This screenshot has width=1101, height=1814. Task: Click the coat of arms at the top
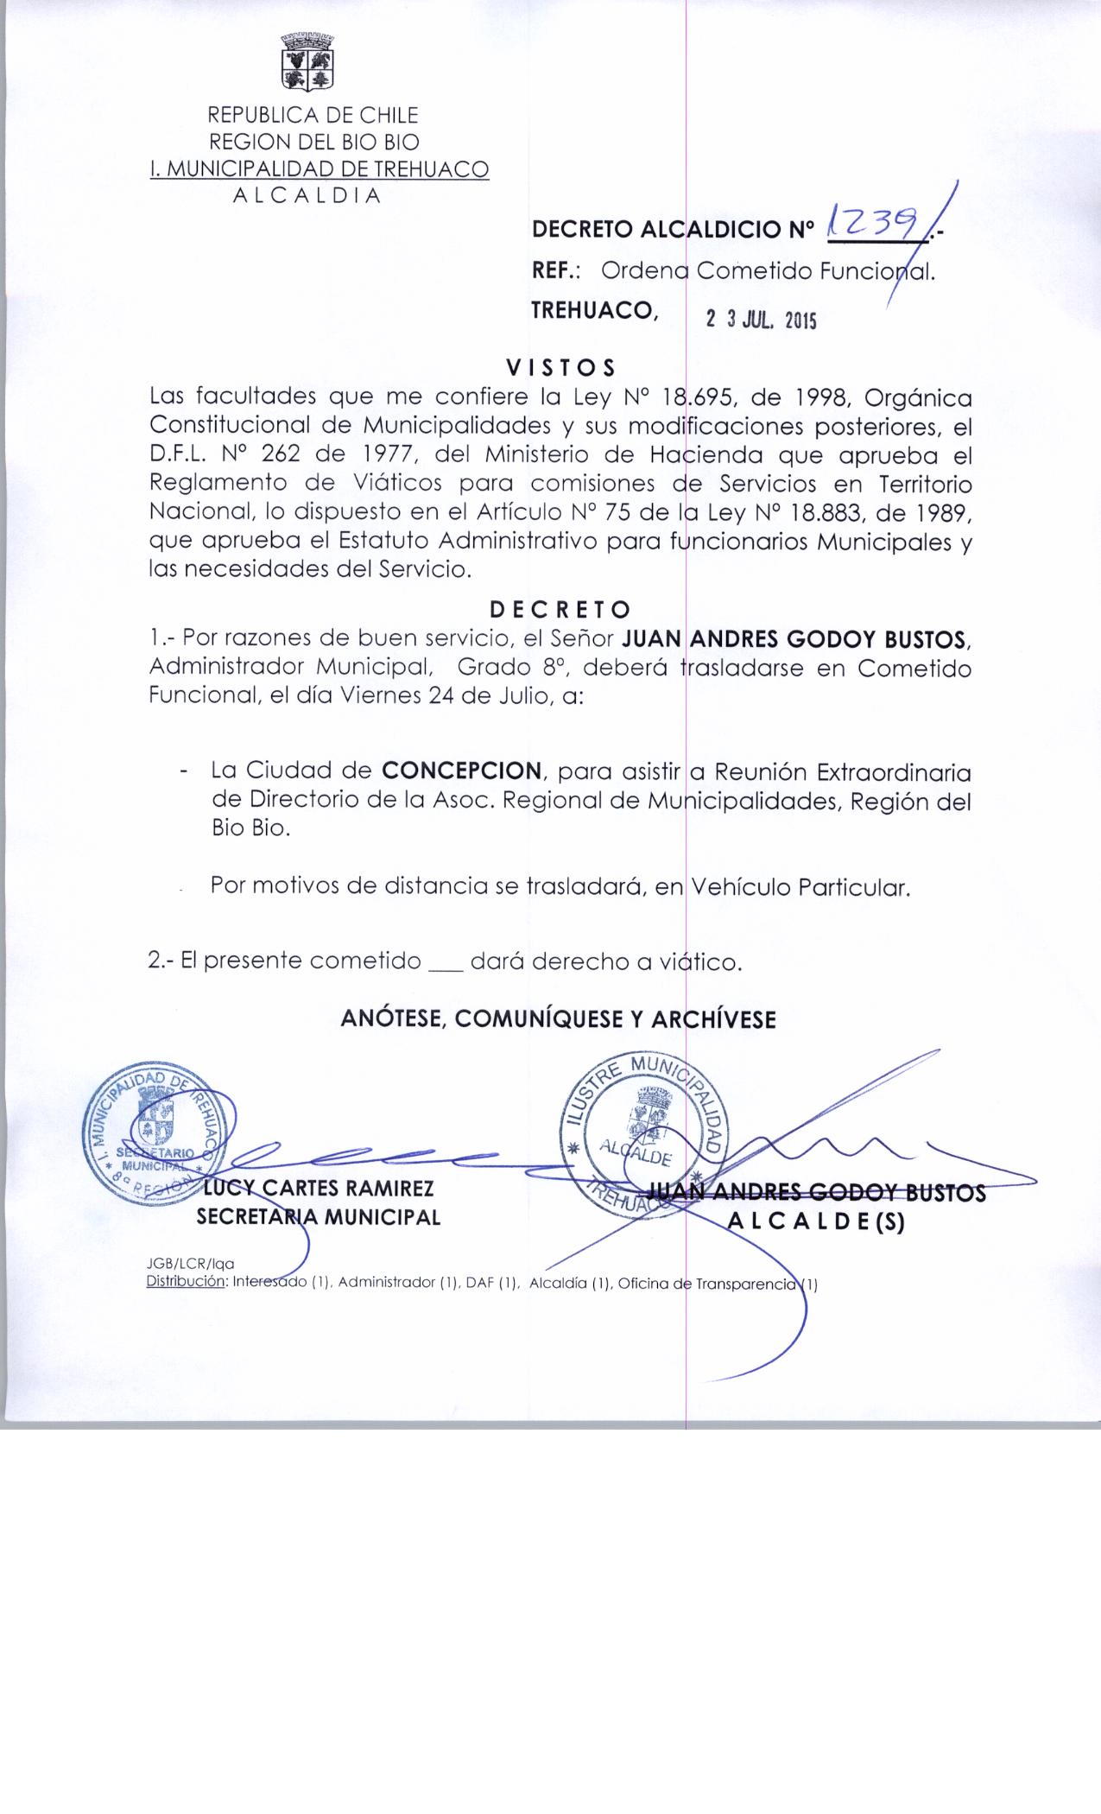[307, 61]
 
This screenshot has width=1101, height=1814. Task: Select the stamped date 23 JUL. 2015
[761, 320]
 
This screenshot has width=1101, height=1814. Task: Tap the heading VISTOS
[560, 368]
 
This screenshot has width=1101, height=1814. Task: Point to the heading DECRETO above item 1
[560, 610]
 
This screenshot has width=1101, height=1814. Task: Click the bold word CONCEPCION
[462, 771]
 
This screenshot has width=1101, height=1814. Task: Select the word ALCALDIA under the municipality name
[307, 195]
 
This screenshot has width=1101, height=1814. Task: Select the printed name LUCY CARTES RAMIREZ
[318, 1189]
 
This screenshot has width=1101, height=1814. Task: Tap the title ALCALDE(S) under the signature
[816, 1222]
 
